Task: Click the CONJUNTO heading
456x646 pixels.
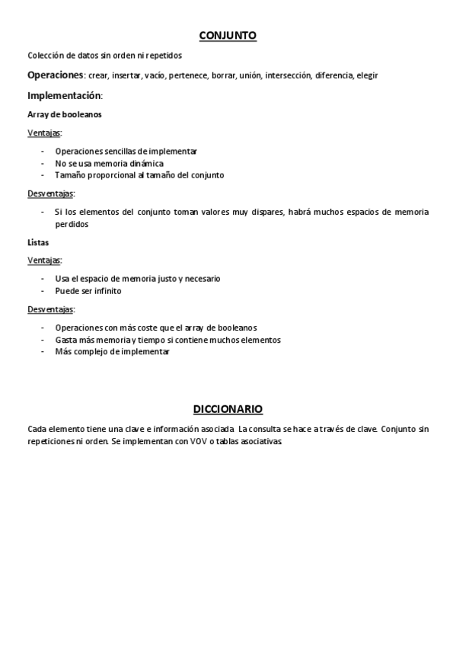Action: tap(228, 35)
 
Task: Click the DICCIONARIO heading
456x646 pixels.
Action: tap(228, 409)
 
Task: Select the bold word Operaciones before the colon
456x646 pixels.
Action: tap(55, 75)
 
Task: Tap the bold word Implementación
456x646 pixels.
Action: tap(63, 95)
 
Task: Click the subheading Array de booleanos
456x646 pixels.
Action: tap(65, 114)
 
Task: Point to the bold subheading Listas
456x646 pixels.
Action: tap(38, 242)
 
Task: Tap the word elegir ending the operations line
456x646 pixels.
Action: tap(368, 75)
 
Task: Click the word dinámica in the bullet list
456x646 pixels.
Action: tap(145, 163)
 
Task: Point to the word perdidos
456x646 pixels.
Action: tap(72, 224)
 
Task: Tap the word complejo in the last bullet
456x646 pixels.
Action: tap(89, 351)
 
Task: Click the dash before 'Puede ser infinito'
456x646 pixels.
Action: tap(43, 290)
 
